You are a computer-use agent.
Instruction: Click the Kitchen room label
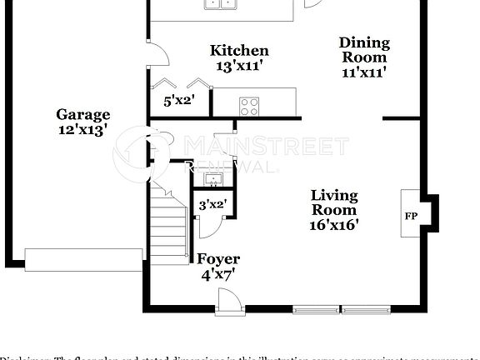coord(239,51)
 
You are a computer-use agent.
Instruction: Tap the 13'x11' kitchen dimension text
coord(239,65)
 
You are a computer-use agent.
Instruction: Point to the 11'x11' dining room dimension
coord(364,72)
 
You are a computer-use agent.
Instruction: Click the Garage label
coord(82,115)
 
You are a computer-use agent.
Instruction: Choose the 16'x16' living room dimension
coord(334,225)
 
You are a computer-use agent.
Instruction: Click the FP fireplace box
coord(411,215)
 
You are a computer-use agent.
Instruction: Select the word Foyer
coord(217,259)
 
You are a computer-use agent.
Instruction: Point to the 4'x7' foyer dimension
coord(217,273)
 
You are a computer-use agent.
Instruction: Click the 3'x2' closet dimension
coord(212,203)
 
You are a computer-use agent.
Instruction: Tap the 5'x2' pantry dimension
coord(178,102)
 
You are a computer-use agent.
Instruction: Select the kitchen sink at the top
coord(220,4)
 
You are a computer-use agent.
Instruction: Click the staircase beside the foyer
coord(169,221)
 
